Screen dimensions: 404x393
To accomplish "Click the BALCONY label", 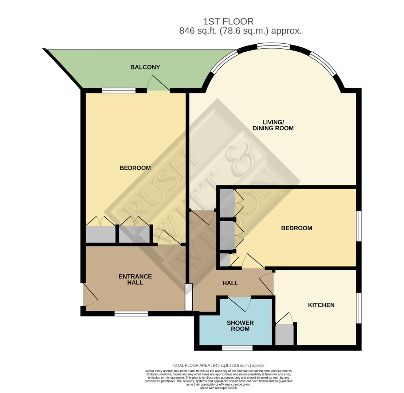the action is [x=145, y=67].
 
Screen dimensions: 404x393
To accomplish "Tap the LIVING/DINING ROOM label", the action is [x=273, y=125].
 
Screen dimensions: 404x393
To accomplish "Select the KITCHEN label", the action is [x=321, y=305].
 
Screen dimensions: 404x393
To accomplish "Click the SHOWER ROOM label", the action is [x=240, y=326].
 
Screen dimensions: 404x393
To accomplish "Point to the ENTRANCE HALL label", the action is [x=135, y=279].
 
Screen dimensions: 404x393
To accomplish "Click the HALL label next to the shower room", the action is [x=230, y=283].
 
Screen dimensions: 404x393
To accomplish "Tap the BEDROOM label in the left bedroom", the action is [x=135, y=168].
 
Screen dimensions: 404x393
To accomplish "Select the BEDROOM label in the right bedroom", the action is [x=297, y=228].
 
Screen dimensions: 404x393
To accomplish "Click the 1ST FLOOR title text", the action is [x=228, y=21].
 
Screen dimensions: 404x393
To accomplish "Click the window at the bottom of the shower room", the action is [x=237, y=348].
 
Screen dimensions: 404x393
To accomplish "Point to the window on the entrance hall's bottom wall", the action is [x=131, y=313].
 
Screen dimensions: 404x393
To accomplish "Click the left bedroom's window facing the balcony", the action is [x=119, y=91].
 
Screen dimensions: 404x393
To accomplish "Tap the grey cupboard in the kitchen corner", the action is [x=284, y=334].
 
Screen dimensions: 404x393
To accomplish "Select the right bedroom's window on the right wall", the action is [x=359, y=226].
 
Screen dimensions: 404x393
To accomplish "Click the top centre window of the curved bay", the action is [x=274, y=46].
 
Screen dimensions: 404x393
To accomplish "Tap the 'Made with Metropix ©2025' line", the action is [x=219, y=388].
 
